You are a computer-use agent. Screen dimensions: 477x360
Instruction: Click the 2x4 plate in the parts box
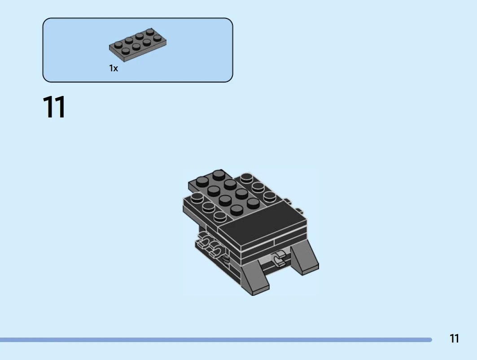[137, 45]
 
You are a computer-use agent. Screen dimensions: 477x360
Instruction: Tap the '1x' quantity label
[114, 68]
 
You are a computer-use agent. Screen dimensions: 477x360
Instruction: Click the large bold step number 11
[54, 107]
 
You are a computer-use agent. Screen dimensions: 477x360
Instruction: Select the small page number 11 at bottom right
[454, 338]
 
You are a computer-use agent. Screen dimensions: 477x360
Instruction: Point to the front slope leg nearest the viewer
[254, 278]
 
